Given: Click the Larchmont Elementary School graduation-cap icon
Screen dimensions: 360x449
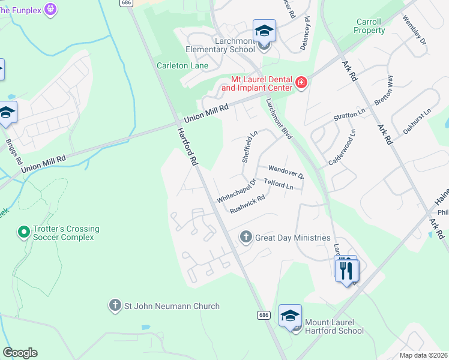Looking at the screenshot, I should point(264,30).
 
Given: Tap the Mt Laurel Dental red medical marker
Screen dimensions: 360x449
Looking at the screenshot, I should point(301,82).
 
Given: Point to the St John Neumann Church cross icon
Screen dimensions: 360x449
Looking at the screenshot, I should point(115,306).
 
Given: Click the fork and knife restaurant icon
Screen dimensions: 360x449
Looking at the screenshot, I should point(346,270).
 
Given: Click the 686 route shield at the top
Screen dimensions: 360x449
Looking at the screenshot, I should point(125,3).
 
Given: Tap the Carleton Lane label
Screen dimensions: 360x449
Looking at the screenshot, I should point(182,65).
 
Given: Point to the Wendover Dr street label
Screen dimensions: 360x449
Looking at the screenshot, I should point(286,172).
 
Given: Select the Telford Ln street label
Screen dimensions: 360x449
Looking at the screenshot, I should point(279,185).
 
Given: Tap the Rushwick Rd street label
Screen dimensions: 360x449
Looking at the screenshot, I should point(247,204).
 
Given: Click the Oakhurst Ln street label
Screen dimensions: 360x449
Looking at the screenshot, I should point(418,121).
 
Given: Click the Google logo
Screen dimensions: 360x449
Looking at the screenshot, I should point(20,353).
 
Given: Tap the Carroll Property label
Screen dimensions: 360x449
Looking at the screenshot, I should point(369,26).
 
